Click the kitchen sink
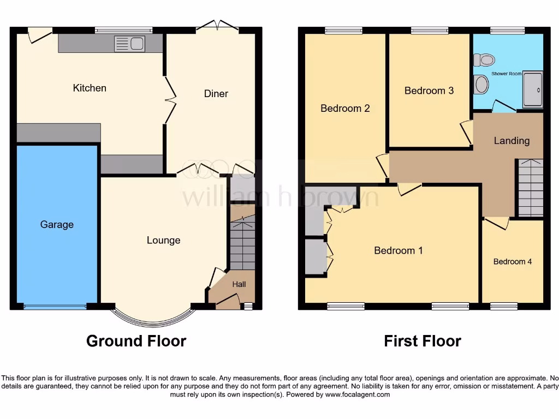coord(129,44)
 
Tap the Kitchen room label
coord(90,88)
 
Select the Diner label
coord(216,94)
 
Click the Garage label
coord(57,224)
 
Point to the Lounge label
coord(163,240)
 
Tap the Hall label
coord(239,284)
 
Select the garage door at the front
coord(55,307)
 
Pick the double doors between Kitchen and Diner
coord(171,100)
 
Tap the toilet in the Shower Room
coord(483,59)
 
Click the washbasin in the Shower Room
coord(481,85)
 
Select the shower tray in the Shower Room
coord(533,89)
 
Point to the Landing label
coord(512,141)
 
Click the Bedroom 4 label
coord(513,262)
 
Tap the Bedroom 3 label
coord(429,91)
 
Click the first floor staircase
coord(530,188)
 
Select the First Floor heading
coord(422,342)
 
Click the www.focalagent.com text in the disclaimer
coord(358,394)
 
